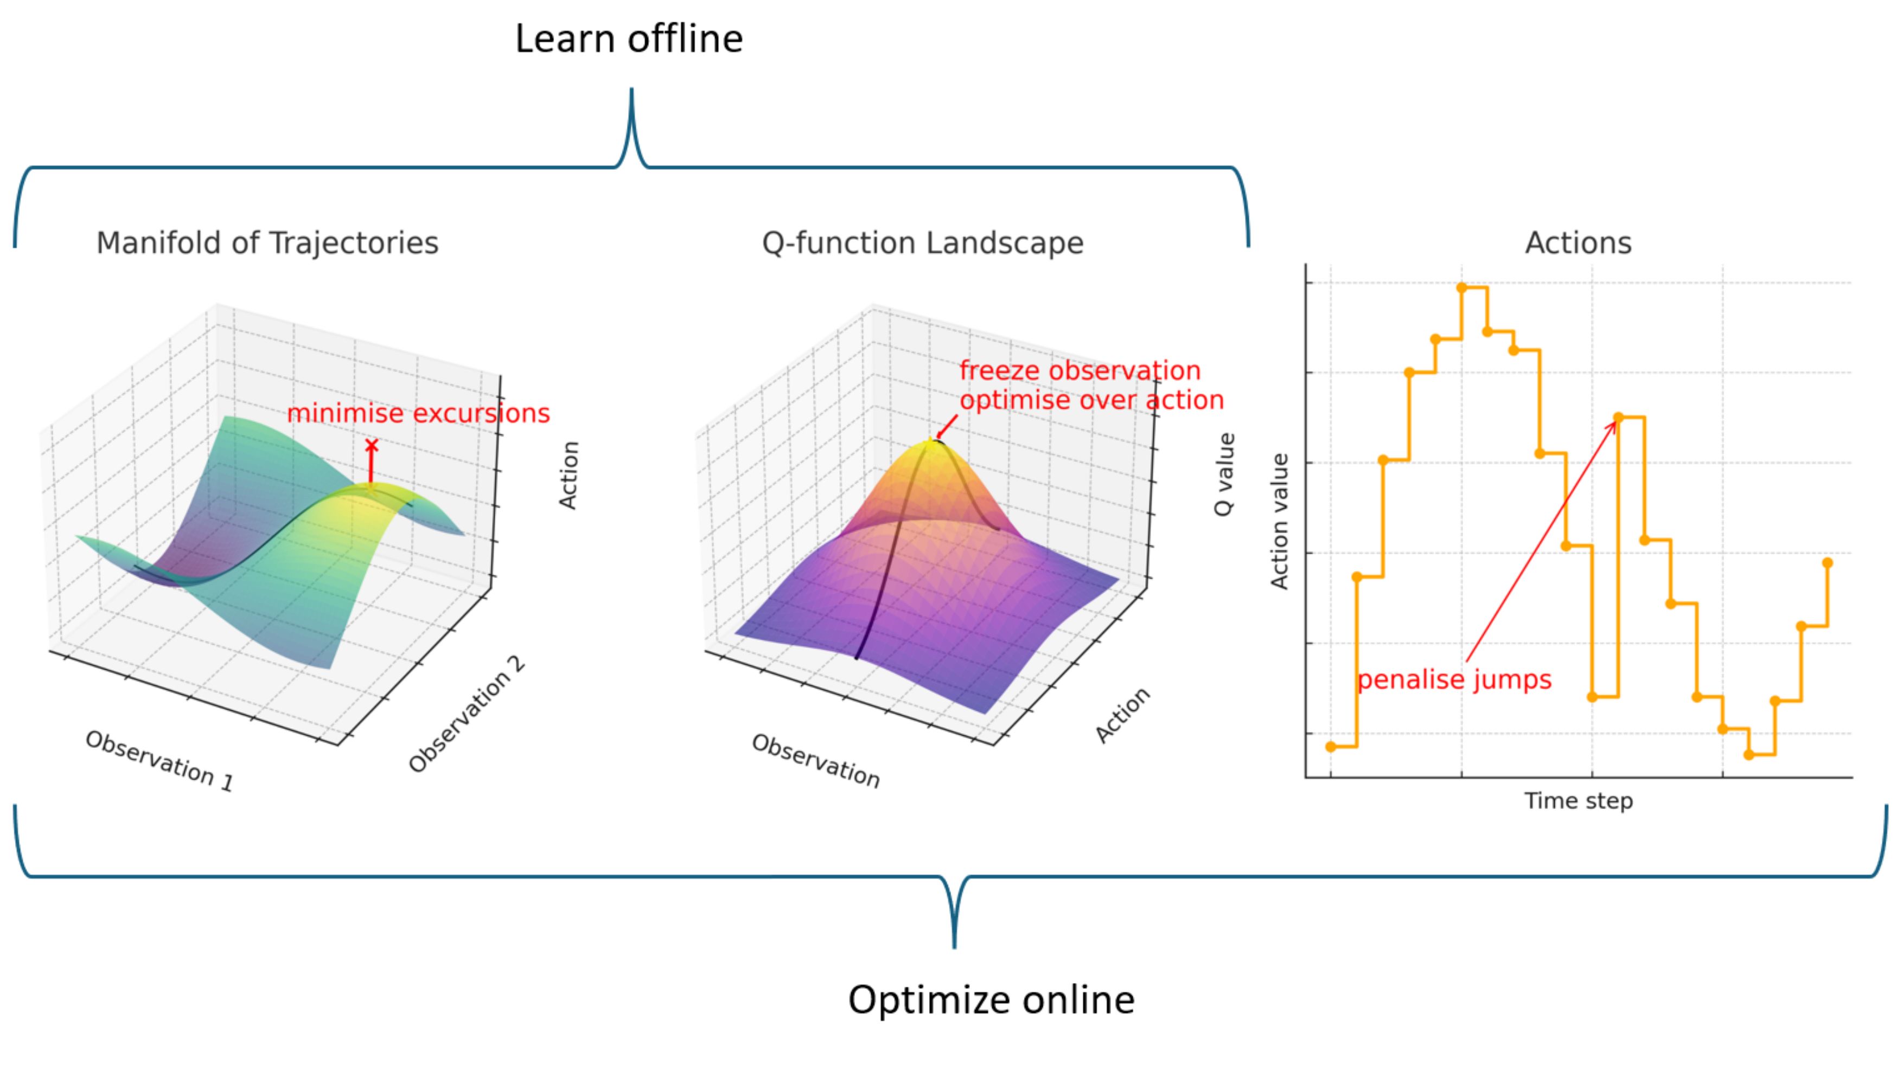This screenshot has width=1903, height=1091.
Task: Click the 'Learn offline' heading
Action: coord(628,39)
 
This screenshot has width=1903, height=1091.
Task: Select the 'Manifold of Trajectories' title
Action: coord(267,243)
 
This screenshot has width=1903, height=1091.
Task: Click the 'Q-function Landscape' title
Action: coord(923,243)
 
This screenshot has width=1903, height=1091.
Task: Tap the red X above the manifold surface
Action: coord(371,446)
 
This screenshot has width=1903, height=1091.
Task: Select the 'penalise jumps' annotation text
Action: coord(1454,679)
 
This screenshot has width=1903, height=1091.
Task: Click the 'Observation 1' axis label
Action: coord(159,761)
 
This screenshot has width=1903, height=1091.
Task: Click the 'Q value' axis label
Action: coord(1223,474)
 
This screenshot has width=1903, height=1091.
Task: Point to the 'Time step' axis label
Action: coord(1579,801)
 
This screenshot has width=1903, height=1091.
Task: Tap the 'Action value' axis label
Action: coord(1279,522)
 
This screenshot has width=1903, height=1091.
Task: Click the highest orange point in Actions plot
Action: coord(1461,288)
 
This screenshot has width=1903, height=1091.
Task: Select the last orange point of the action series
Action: coord(1827,563)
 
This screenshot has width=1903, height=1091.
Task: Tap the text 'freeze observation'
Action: coord(1080,371)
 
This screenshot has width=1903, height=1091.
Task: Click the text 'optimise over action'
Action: coord(1091,400)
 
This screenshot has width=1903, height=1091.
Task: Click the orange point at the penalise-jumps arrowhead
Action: coord(1618,418)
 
